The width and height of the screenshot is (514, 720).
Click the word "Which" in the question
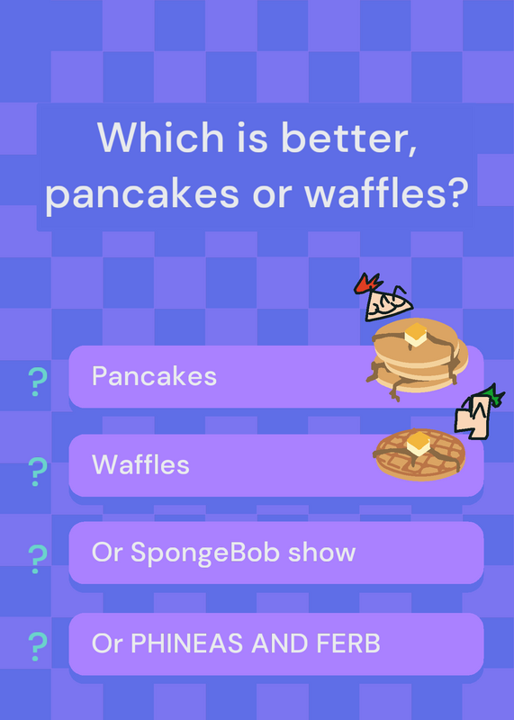[x=160, y=137]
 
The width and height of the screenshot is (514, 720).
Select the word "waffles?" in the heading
[x=386, y=193]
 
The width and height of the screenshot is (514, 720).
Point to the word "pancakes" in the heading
[x=142, y=195]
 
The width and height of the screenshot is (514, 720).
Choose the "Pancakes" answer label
[x=154, y=376]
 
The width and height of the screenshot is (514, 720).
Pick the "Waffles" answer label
[x=140, y=464]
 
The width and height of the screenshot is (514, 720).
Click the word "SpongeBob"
[x=205, y=553]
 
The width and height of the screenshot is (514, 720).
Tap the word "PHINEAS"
[x=188, y=643]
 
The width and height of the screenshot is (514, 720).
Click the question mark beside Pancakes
[x=37, y=382]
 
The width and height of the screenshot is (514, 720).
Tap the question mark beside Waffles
[x=37, y=472]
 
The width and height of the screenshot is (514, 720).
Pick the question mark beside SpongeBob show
[x=37, y=559]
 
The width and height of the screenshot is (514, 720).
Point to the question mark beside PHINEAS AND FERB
[x=37, y=646]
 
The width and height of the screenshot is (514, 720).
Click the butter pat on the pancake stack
[x=416, y=335]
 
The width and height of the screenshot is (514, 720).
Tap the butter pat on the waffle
[x=418, y=443]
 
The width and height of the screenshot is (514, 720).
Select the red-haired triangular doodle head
[x=383, y=299]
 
